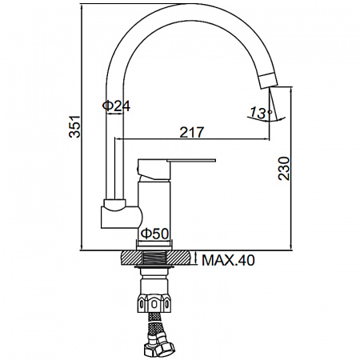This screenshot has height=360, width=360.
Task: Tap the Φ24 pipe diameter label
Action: [x=117, y=106]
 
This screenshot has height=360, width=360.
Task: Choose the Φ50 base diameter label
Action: [x=154, y=234]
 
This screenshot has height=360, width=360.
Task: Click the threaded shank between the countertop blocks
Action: [x=157, y=258]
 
